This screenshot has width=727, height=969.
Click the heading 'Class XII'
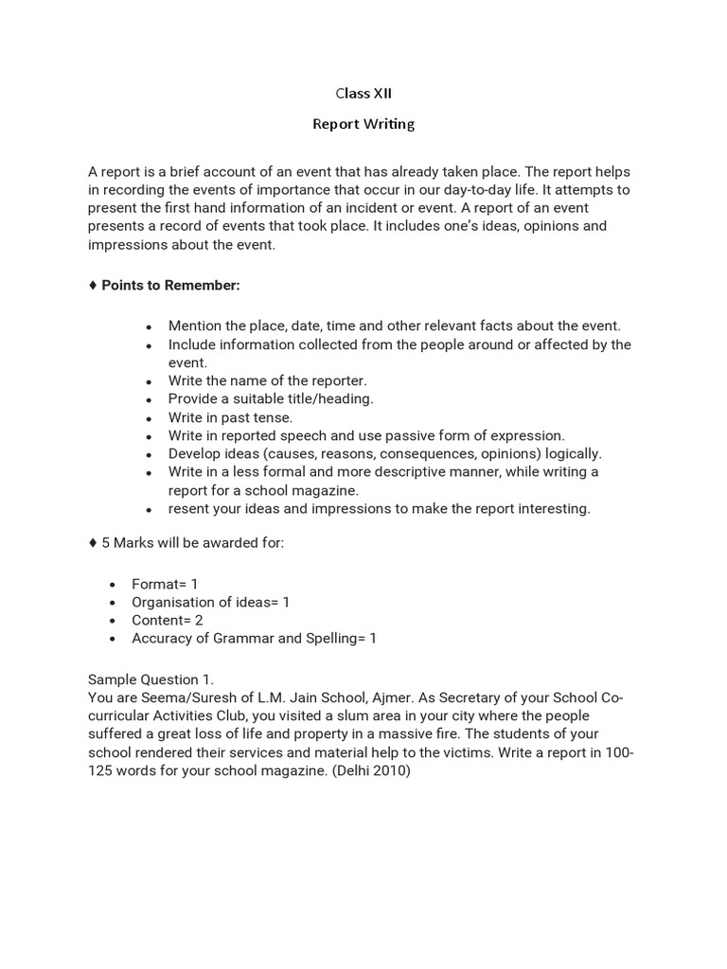pos(363,94)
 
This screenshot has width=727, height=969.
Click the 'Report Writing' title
pos(363,124)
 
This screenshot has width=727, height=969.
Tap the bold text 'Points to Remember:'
pos(170,285)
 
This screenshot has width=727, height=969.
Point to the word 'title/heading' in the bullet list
pos(331,398)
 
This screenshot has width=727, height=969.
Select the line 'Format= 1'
pos(165,584)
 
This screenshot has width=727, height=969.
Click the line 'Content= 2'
pos(168,620)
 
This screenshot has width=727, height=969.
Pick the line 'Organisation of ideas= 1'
pos(210,602)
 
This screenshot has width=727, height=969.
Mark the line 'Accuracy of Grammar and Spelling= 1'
pos(254,638)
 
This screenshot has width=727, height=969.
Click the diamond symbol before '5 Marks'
pos(92,543)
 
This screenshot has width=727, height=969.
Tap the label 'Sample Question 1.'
pos(151,679)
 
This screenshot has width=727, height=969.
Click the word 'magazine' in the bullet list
pos(328,490)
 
